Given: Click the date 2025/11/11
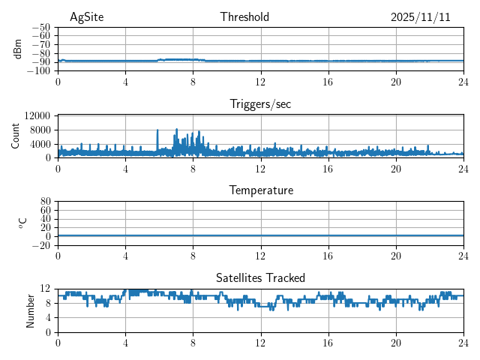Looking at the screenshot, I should (420, 17).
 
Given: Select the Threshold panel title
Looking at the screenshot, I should (244, 17).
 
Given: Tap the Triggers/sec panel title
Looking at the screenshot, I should (260, 104).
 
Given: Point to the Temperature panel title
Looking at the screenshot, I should (260, 190).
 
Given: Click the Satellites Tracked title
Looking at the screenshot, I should (260, 277).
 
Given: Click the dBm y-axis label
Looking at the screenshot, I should (18, 48).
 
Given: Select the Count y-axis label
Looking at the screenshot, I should (16, 136).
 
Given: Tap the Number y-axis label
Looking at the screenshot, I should (31, 310).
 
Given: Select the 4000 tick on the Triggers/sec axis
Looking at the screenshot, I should (40, 143).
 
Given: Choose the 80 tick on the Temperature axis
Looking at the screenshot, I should (45, 202).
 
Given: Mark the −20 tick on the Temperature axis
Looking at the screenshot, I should (41, 245).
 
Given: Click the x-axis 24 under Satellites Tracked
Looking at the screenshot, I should (463, 342).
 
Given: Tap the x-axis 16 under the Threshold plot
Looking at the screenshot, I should (328, 82).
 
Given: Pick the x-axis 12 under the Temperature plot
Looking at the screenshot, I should (260, 255).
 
